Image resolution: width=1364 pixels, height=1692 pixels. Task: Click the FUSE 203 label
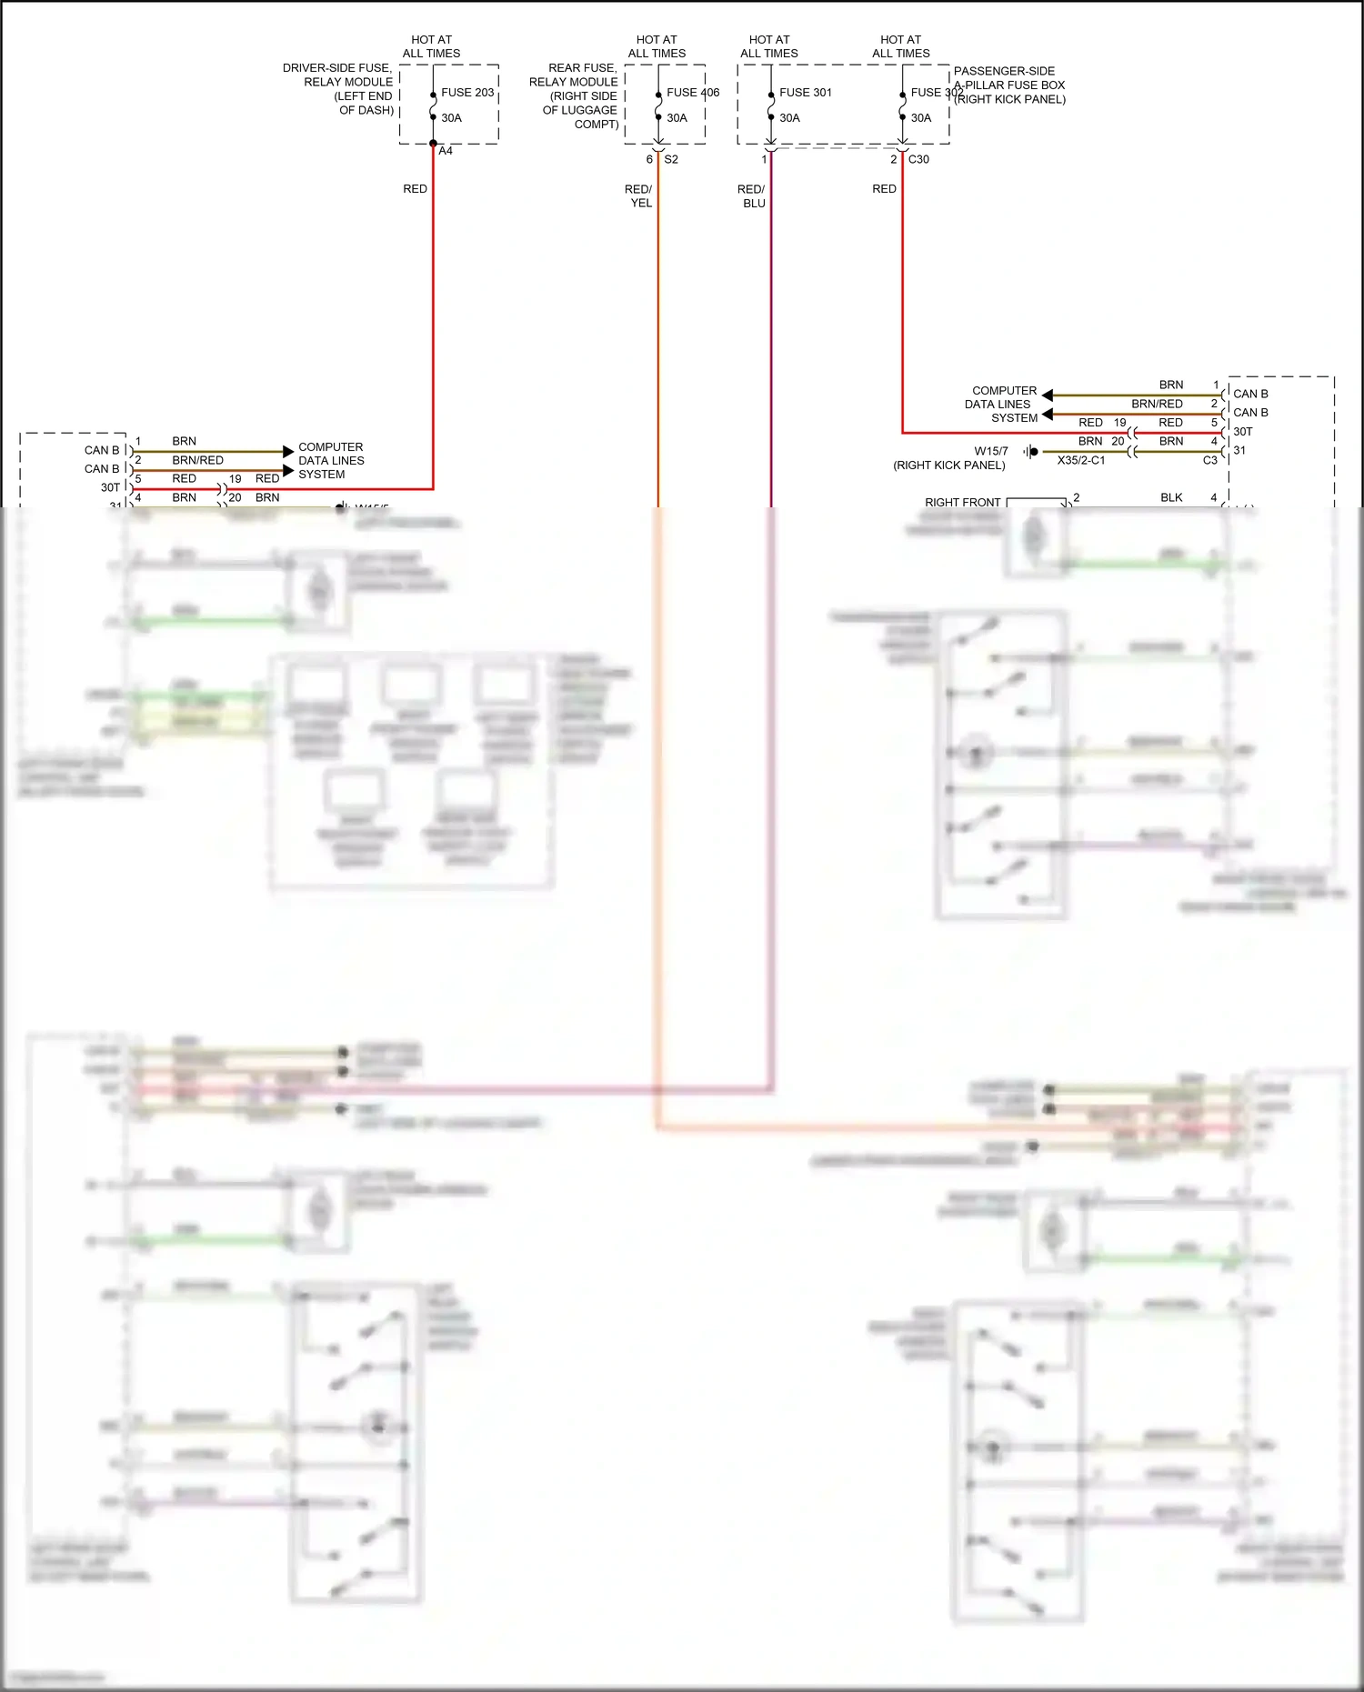click(467, 93)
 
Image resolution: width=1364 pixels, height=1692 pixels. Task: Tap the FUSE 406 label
click(692, 93)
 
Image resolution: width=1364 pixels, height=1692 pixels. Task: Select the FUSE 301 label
click(805, 93)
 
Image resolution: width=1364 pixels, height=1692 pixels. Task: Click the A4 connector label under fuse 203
click(446, 151)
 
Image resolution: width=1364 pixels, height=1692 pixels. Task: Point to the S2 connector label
click(671, 159)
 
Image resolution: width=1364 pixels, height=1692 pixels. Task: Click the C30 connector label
click(918, 159)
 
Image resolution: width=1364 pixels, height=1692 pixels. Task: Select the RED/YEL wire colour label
click(638, 196)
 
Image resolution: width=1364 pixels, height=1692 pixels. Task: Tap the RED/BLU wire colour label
click(751, 196)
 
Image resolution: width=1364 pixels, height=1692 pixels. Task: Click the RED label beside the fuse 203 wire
click(415, 189)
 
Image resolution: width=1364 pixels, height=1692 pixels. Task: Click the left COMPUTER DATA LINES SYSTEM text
click(331, 461)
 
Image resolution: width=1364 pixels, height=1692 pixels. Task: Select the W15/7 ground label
click(991, 451)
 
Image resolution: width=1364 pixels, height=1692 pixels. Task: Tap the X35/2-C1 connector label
click(1081, 461)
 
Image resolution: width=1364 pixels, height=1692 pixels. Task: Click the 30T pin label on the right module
click(1243, 432)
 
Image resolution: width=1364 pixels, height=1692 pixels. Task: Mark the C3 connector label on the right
click(1209, 461)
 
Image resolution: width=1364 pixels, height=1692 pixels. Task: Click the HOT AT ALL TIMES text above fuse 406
click(657, 46)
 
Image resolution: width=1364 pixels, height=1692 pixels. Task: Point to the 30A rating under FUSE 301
click(789, 118)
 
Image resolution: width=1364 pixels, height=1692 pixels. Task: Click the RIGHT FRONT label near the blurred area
click(962, 502)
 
